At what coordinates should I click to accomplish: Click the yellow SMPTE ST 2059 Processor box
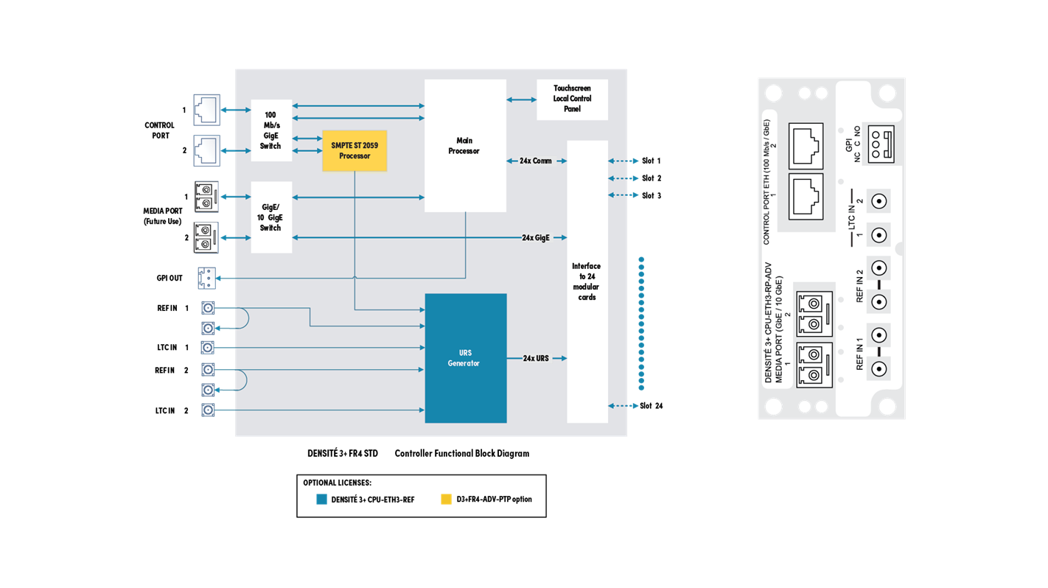pyautogui.click(x=354, y=150)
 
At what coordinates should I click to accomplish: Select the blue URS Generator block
pyautogui.click(x=466, y=358)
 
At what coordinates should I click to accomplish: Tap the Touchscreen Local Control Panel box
pyautogui.click(x=572, y=99)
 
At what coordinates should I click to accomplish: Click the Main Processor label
pyautogui.click(x=464, y=145)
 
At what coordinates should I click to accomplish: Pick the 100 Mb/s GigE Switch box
pyautogui.click(x=271, y=130)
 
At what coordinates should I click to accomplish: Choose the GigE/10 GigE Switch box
pyautogui.click(x=271, y=217)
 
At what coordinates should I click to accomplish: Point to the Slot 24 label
pyautogui.click(x=651, y=405)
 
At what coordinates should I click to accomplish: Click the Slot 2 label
pyautogui.click(x=651, y=178)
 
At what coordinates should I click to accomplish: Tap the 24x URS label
pyautogui.click(x=536, y=358)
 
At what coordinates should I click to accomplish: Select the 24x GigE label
pyautogui.click(x=536, y=238)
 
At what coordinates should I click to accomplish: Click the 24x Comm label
pyautogui.click(x=535, y=161)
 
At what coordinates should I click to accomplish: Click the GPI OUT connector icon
pyautogui.click(x=206, y=279)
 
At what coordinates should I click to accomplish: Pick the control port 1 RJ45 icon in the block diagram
pyautogui.click(x=207, y=110)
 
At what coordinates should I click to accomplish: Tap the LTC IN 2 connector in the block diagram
pyautogui.click(x=208, y=410)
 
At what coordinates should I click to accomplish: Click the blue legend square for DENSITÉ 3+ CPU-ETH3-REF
pyautogui.click(x=321, y=499)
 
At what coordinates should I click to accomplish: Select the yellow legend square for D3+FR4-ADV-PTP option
pyautogui.click(x=446, y=499)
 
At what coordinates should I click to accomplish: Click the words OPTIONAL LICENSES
pyautogui.click(x=337, y=483)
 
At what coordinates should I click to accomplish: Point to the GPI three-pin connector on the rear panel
pyautogui.click(x=881, y=144)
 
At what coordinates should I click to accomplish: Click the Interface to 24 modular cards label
pyautogui.click(x=586, y=281)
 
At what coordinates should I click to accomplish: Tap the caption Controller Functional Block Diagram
pyautogui.click(x=462, y=453)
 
